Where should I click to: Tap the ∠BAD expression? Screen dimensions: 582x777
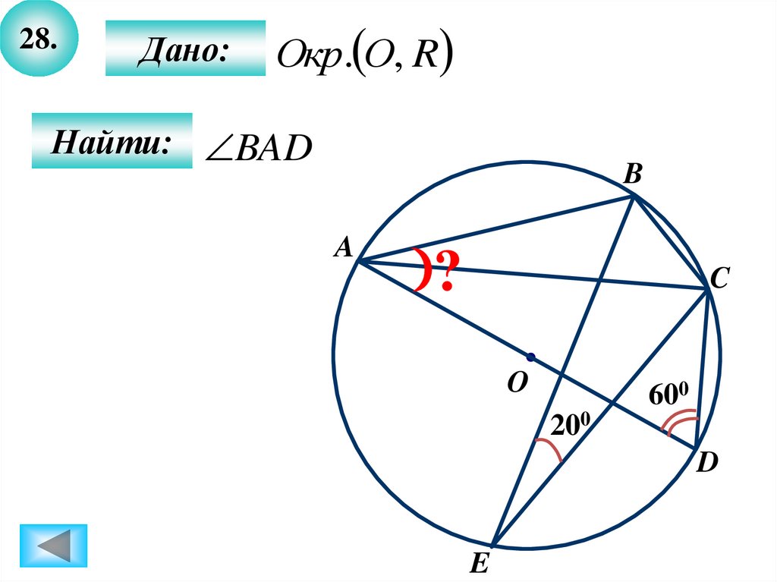259,149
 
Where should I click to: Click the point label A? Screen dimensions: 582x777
344,247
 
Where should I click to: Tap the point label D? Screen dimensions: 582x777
707,462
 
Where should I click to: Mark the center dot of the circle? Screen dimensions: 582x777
530,357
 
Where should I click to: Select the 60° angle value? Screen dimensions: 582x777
668,396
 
